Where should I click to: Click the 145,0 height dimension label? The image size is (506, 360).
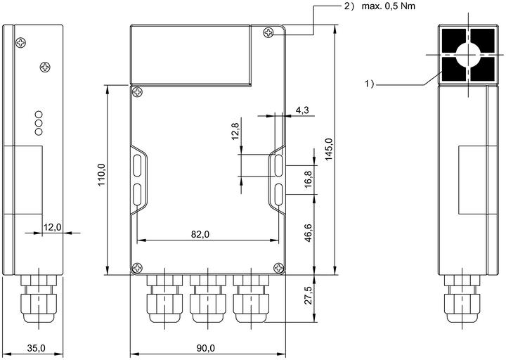[328, 149]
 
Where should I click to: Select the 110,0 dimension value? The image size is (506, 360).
[102, 174]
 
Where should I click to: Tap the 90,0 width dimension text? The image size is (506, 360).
[206, 348]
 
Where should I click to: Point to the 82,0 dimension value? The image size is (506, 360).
[200, 234]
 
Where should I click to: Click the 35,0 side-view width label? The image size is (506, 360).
[36, 348]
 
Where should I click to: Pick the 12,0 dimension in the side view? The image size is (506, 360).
[52, 227]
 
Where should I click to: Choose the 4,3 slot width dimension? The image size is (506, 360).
[302, 110]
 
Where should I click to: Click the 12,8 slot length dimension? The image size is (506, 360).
[235, 131]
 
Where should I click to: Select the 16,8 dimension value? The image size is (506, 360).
[309, 179]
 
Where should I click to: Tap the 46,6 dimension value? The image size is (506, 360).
[309, 233]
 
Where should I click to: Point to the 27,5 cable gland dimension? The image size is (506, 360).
[309, 295]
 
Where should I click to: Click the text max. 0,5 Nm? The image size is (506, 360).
[388, 6]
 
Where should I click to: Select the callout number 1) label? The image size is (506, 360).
[369, 84]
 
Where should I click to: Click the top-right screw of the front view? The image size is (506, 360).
[268, 32]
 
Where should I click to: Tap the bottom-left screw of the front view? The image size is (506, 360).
[137, 268]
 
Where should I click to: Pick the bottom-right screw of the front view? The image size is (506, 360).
[278, 268]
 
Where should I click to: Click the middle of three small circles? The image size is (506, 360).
[39, 123]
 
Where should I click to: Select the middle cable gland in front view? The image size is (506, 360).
[208, 299]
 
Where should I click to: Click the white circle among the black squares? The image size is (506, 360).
[468, 55]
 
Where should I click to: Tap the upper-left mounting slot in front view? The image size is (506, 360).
[137, 166]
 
